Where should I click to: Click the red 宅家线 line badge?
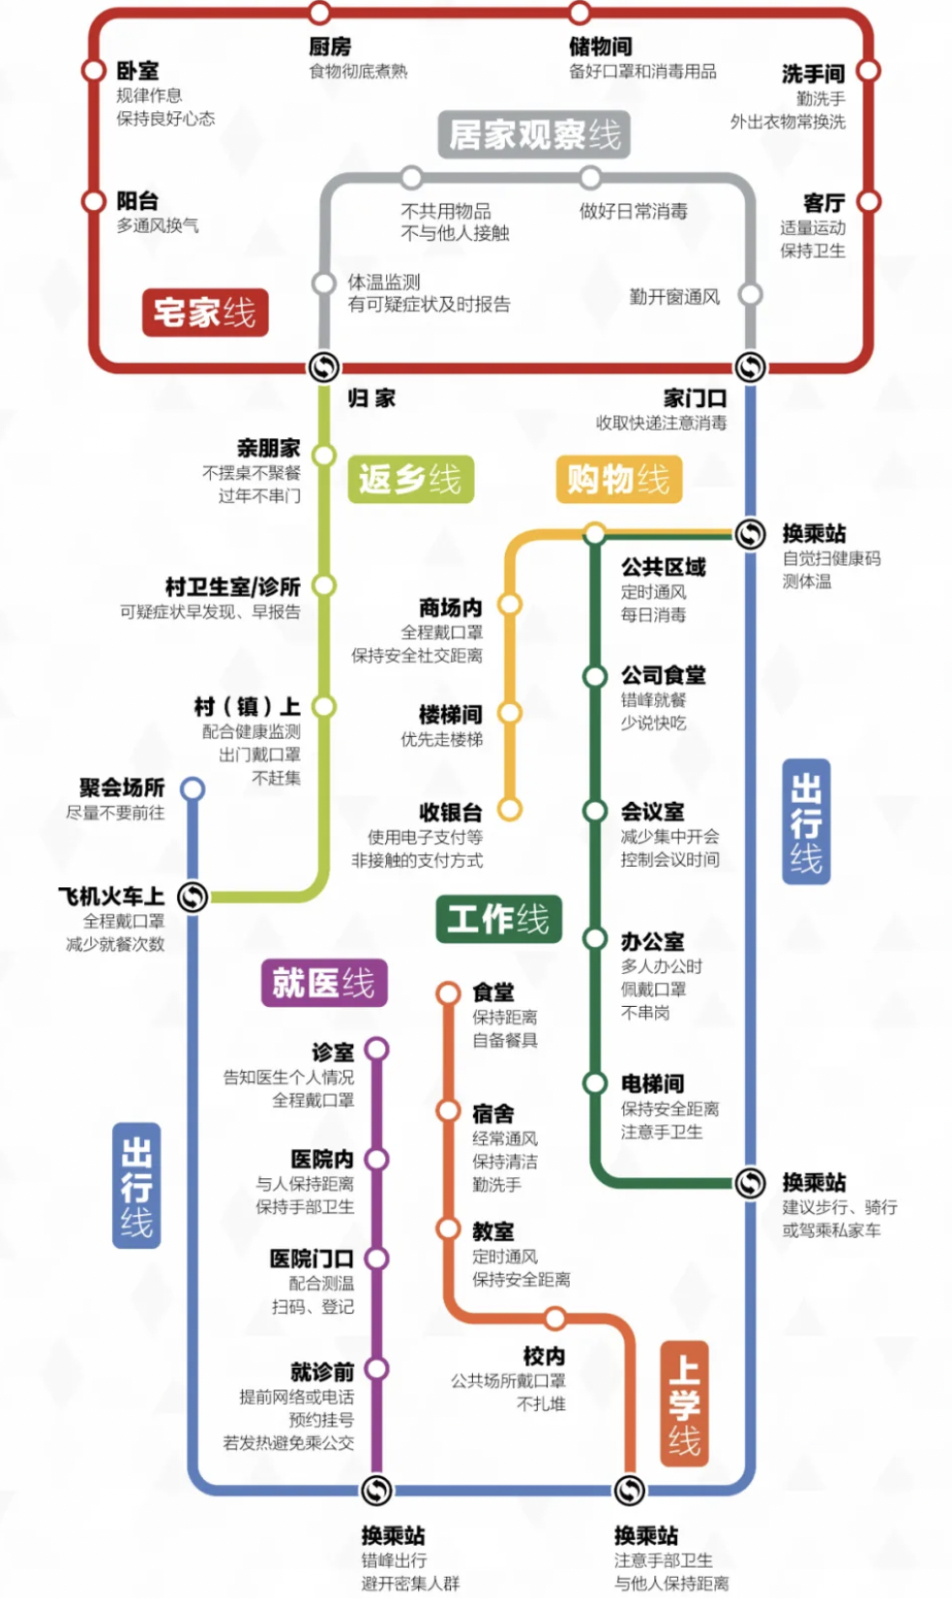point(204,312)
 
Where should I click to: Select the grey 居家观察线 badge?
point(534,134)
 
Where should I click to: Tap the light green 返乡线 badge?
point(410,479)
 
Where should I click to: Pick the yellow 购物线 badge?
point(618,479)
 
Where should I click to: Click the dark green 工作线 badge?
point(497,919)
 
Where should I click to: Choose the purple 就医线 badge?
point(323,983)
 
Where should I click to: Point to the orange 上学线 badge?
point(684,1404)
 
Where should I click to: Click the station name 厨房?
point(330,46)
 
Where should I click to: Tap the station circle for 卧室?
point(94,71)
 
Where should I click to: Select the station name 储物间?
point(600,46)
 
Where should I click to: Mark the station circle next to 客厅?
point(869,201)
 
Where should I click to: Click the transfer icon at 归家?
point(323,368)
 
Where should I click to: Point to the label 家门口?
point(695,399)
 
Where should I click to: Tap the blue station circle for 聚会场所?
point(193,789)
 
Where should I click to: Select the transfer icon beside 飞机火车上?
point(193,898)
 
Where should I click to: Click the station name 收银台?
point(450,813)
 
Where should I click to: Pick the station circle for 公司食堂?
point(595,676)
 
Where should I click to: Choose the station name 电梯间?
point(652,1084)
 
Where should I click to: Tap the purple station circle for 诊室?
point(377,1050)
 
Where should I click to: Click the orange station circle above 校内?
point(555,1318)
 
